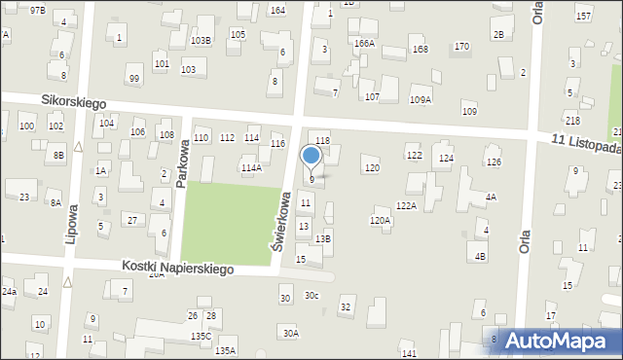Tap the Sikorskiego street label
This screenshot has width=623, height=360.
point(74,101)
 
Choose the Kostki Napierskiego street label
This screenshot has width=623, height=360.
point(178,267)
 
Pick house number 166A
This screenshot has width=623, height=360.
point(364,44)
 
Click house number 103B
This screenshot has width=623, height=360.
point(201,40)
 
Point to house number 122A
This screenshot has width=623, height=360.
point(406,205)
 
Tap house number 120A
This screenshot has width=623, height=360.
point(380,221)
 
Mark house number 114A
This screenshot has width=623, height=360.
point(251,167)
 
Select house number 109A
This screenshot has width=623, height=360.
point(421,99)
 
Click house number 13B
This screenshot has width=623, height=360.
point(323,238)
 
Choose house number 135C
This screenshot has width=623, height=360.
point(201,336)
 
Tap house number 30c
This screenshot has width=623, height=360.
point(311,295)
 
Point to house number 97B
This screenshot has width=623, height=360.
point(37,10)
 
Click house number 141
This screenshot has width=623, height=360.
point(409,353)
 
